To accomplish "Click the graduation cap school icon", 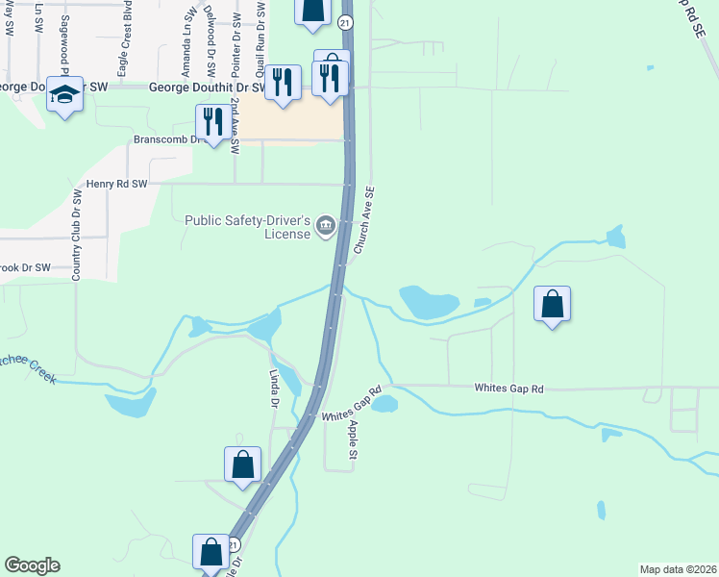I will [x=65, y=94].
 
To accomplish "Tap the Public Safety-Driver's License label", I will [x=248, y=226].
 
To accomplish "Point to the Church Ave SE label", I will [x=363, y=220].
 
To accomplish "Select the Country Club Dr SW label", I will [x=76, y=236].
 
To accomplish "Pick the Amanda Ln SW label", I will [x=186, y=44].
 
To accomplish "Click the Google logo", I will [x=32, y=565].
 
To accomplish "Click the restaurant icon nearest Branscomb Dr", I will [x=211, y=122].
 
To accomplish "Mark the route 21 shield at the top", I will [x=346, y=21].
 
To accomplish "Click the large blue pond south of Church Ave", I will [x=428, y=303].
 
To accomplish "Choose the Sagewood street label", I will [x=66, y=38].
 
